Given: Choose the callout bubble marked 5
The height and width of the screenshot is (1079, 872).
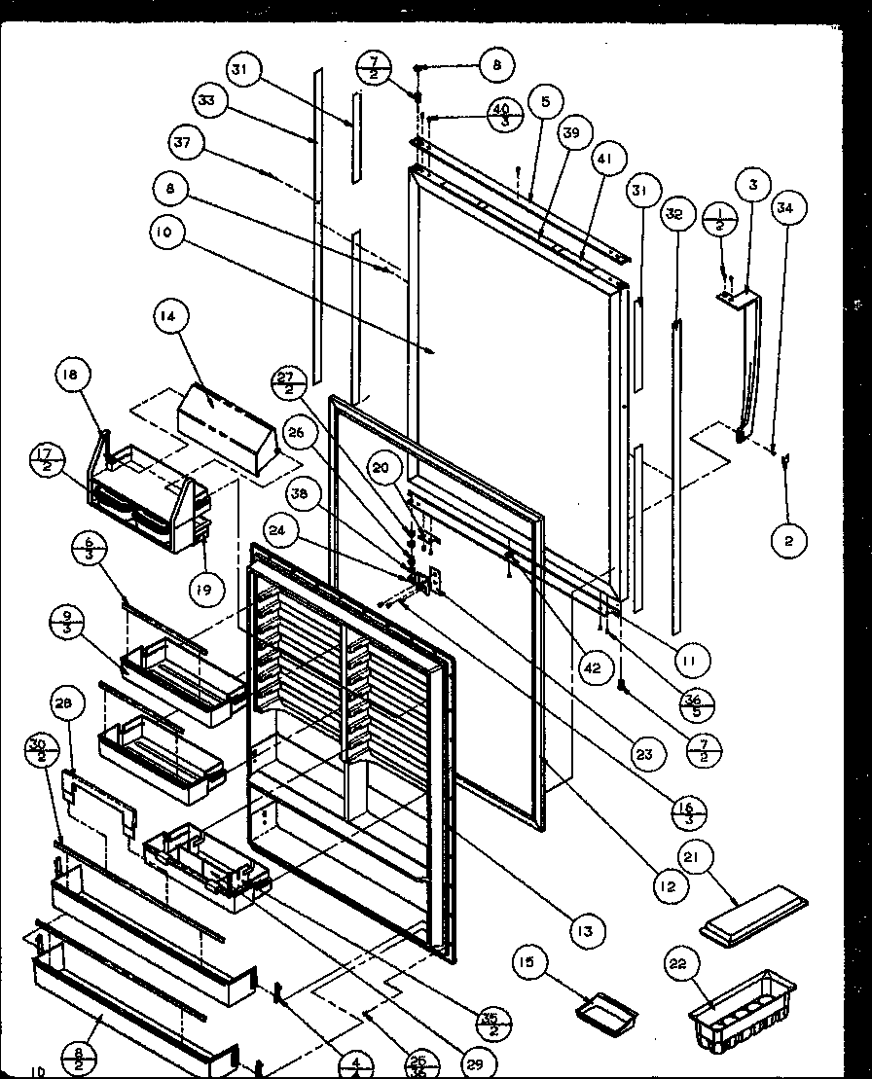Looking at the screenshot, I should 546,100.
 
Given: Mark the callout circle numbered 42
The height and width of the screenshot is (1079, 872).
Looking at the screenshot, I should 594,668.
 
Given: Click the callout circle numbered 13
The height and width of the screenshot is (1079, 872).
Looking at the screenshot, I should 585,931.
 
